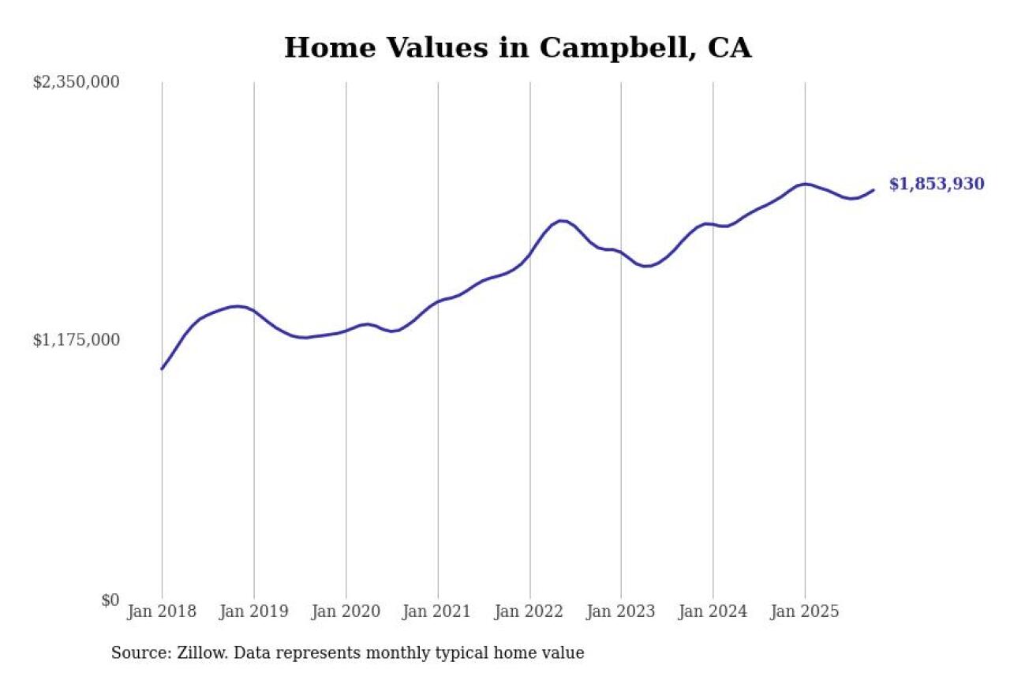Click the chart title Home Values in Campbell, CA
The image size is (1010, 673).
click(518, 48)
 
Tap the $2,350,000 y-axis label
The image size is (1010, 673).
click(77, 82)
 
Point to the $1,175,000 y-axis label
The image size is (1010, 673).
click(77, 340)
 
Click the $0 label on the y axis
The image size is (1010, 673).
click(110, 600)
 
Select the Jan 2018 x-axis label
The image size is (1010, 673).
click(162, 611)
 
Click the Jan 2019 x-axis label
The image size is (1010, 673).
click(253, 611)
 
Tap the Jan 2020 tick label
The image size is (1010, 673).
click(346, 611)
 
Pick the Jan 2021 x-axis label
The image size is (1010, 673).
click(437, 611)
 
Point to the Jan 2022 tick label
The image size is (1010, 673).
click(529, 611)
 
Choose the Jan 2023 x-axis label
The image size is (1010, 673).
click(621, 611)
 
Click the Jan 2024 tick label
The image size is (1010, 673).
click(713, 611)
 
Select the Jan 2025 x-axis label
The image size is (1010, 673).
click(805, 611)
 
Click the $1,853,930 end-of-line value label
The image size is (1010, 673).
click(937, 185)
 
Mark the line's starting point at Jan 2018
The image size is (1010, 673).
click(162, 368)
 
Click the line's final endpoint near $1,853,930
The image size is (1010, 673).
click(873, 189)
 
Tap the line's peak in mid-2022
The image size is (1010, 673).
click(561, 221)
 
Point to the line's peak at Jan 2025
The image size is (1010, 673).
click(804, 184)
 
